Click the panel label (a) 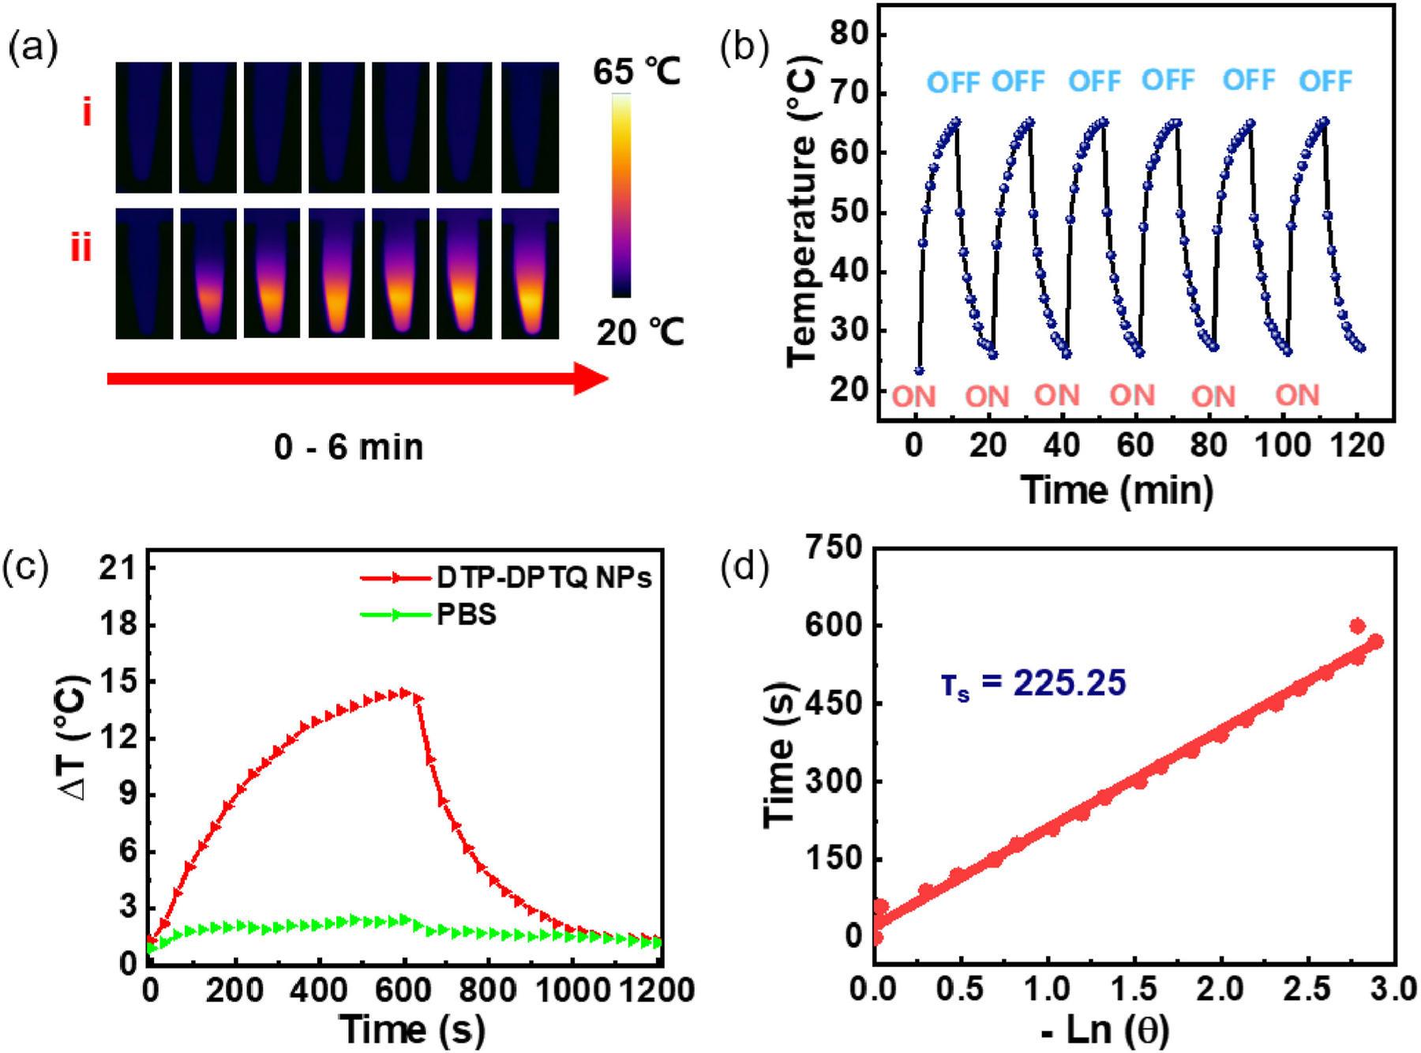click(x=32, y=49)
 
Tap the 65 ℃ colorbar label click(x=637, y=73)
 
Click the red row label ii click(x=81, y=248)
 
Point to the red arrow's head click(x=591, y=378)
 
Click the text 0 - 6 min click(x=349, y=448)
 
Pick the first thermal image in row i click(x=144, y=127)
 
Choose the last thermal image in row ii click(x=531, y=273)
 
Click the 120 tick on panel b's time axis click(x=1357, y=447)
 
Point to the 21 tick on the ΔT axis click(x=117, y=569)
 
